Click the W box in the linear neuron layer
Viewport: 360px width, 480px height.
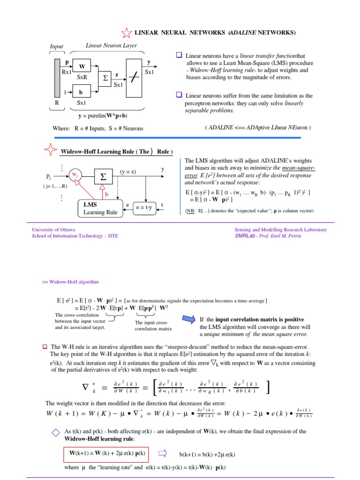pos(82,67)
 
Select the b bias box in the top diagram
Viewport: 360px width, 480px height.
pos(81,93)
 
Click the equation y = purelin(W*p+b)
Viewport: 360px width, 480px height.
pos(103,115)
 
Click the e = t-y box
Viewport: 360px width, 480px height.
pos(144,208)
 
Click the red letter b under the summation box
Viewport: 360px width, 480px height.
pos(106,193)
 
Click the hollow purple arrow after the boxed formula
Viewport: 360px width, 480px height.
pos(163,453)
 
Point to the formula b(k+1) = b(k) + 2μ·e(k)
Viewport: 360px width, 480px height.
pos(207,454)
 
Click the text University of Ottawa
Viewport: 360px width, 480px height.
pos(53,230)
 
